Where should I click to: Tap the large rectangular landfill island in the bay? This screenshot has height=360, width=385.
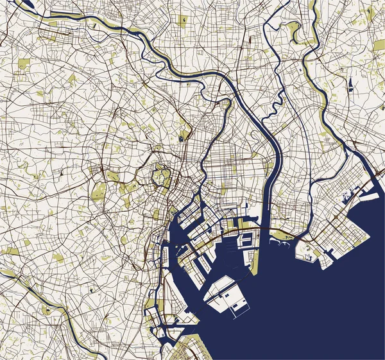225,294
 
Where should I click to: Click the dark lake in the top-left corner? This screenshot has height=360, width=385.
26,5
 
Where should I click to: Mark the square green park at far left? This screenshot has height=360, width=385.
24,64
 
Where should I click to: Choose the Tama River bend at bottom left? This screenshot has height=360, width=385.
64,313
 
